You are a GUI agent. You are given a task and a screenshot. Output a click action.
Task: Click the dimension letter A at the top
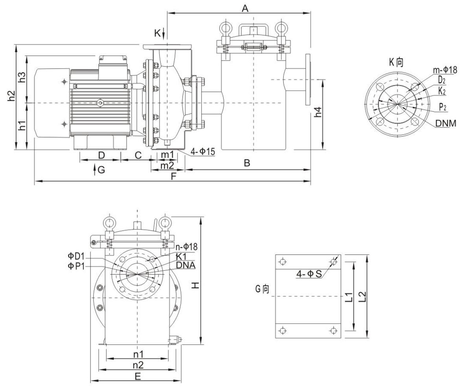pos(245,8)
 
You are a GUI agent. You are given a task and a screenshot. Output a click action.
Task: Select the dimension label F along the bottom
pos(173,177)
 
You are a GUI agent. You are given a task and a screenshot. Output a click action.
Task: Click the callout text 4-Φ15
pos(203,151)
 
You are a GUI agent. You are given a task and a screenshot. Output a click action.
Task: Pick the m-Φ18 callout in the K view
pos(445,70)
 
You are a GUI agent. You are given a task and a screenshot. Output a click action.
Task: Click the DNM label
pos(446,123)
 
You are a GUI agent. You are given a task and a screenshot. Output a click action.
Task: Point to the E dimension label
pos(138,376)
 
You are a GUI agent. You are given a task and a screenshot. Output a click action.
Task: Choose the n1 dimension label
pos(138,353)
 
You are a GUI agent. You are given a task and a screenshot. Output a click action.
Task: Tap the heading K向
pos(396,62)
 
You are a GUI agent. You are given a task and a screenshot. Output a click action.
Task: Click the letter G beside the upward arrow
pos(101,170)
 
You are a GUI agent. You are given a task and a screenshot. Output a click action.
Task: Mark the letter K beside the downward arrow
pos(157,33)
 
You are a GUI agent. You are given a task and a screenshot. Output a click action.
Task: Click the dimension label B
pos(247,163)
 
